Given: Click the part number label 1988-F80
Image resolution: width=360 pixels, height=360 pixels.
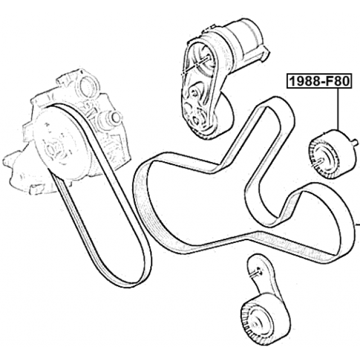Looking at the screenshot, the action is click(x=319, y=81).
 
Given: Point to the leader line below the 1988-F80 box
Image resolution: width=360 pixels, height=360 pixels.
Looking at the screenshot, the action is click(x=338, y=109).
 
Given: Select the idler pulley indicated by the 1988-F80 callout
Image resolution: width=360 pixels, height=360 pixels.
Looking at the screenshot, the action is click(x=332, y=154).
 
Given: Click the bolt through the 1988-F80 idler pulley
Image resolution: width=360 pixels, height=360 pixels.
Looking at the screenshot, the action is click(x=318, y=163).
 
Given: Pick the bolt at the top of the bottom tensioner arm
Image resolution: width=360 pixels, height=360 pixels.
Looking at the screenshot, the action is click(x=255, y=273).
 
